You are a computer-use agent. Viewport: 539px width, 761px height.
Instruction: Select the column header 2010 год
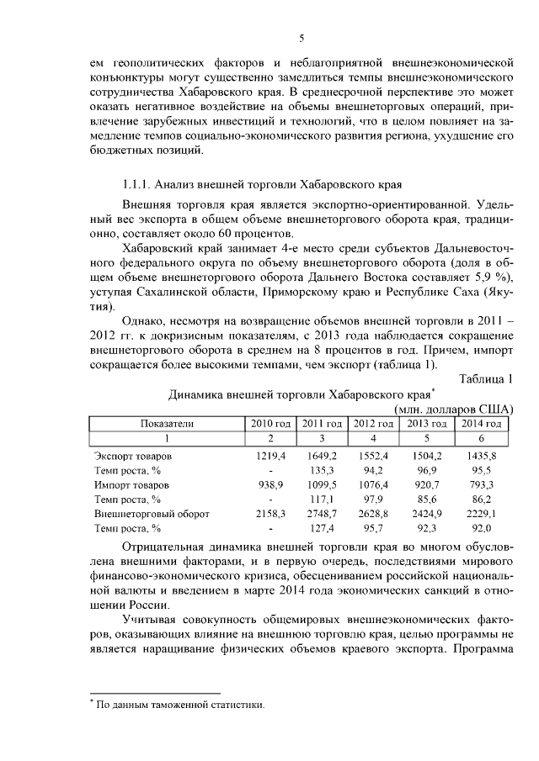coord(270,423)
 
